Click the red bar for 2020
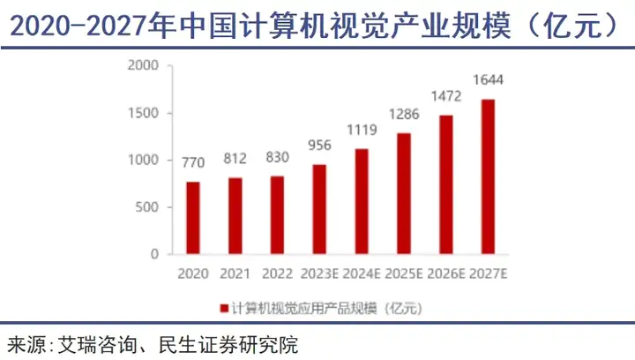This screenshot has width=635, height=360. coord(192,218)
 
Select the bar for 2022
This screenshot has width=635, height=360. coord(276,214)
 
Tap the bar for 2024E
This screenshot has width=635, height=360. coord(362,201)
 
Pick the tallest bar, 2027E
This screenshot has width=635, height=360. coord(488,176)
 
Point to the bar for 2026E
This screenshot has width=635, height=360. coord(445,184)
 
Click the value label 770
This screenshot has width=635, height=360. coord(192,164)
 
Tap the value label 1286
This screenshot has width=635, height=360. coord(403,115)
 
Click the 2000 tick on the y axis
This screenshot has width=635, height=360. coord(142,66)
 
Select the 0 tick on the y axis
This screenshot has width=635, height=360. coord(153,254)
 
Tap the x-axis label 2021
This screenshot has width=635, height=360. coord(235,273)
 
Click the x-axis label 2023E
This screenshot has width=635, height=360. coord(319,273)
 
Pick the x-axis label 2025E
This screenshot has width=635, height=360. coord(403,273)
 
